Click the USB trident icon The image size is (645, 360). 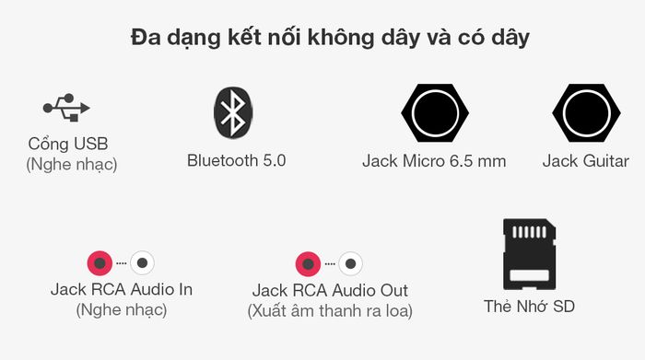click(x=65, y=108)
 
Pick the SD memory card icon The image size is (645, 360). click(x=530, y=255)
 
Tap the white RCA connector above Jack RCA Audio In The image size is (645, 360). click(x=142, y=262)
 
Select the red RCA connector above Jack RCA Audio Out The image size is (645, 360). click(x=308, y=264)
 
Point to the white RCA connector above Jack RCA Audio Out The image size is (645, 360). click(x=350, y=264)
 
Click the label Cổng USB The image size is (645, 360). click(x=68, y=145)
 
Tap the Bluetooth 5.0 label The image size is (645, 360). click(x=236, y=160)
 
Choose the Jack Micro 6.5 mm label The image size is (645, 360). click(x=434, y=161)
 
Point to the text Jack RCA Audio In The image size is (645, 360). click(x=121, y=289)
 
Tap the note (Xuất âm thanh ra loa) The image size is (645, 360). click(x=330, y=311)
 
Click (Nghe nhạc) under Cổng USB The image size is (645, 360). click(x=71, y=165)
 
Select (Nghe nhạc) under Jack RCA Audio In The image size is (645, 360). click(x=121, y=309)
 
